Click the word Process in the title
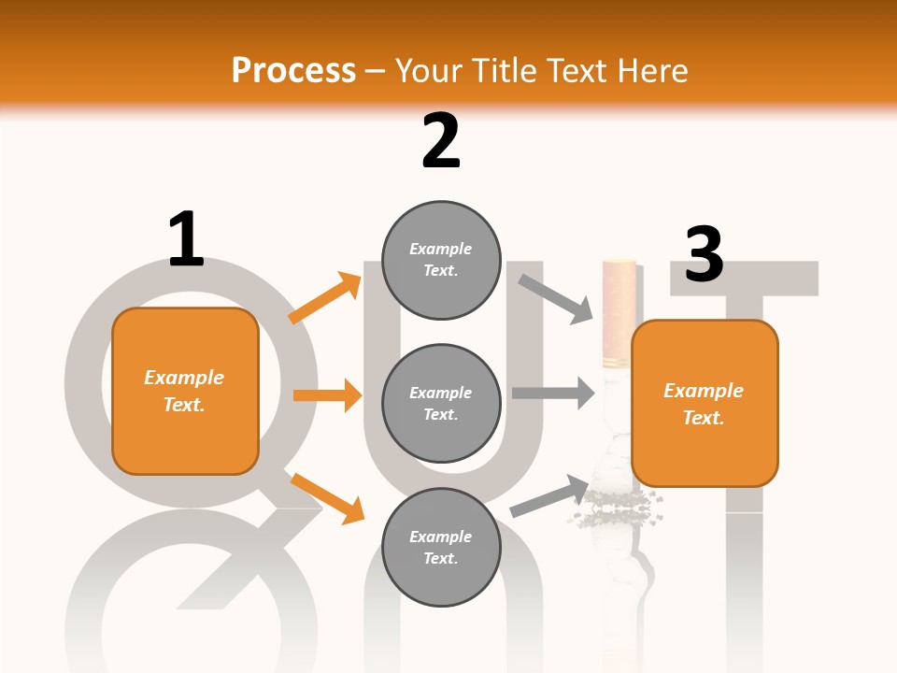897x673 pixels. [293, 70]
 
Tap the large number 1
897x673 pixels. [186, 239]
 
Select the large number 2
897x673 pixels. [441, 141]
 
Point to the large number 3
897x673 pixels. [704, 254]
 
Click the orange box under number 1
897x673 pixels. [185, 391]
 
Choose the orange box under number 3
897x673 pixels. [705, 403]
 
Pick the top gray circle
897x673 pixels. [441, 260]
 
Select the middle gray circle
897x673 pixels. [441, 403]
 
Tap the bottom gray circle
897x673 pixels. [441, 547]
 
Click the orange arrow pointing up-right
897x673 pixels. [325, 297]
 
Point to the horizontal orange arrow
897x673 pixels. [327, 395]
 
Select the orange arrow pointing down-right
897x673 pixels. [327, 497]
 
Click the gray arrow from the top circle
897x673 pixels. [557, 298]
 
